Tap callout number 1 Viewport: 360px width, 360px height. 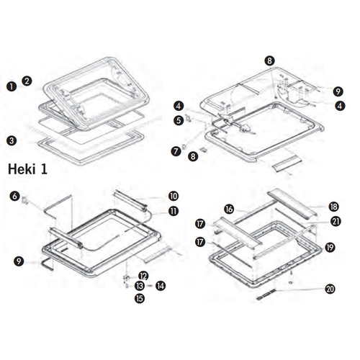pos(12,86)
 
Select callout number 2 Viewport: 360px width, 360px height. pos(27,81)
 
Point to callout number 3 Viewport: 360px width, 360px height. pos(12,139)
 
